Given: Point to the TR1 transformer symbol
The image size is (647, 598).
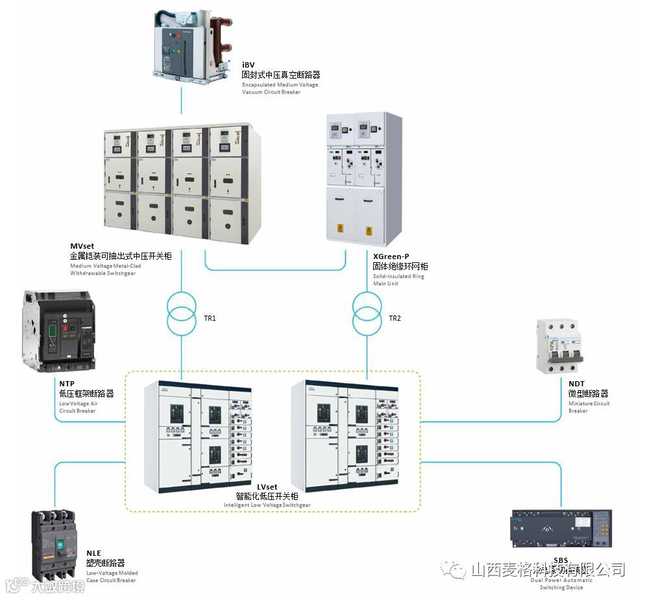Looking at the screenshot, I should pyautogui.click(x=181, y=313).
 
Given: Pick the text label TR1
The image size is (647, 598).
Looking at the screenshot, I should pyautogui.click(x=210, y=318).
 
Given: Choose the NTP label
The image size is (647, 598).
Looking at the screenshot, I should pyautogui.click(x=66, y=384).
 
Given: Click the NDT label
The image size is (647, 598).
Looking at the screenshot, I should pyautogui.click(x=576, y=384).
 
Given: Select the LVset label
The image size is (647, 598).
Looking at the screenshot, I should pyautogui.click(x=267, y=487).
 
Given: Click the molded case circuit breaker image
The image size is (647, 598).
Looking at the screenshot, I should pyautogui.click(x=57, y=544).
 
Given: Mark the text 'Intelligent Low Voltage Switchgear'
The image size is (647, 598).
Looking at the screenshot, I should pyautogui.click(x=267, y=505).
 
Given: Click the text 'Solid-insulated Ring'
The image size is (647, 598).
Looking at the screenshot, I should pyautogui.click(x=398, y=276).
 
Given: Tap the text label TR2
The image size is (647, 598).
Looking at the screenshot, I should pyautogui.click(x=395, y=318).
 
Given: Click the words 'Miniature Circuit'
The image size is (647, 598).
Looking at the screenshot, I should pyautogui.click(x=589, y=403).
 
